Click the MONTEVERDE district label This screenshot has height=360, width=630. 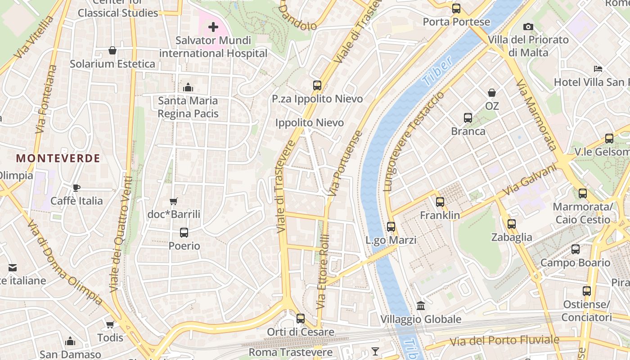coord(58,158)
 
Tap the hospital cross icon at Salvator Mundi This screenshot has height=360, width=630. coord(213,27)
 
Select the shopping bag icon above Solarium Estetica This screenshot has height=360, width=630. coord(112,50)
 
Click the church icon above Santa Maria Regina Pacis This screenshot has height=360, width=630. coord(188,87)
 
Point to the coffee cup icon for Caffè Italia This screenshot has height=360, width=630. coord(76,188)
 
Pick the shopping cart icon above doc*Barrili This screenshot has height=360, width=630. coord(174,201)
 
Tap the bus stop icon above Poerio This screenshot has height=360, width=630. coord(184,233)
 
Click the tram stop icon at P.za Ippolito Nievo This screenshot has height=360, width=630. coord(317,85)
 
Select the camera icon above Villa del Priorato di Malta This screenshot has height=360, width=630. coord(528,27)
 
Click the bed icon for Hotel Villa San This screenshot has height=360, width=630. coord(598,69)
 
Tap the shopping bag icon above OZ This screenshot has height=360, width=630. coord(492,93)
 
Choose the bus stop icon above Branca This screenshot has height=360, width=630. coord(468,118)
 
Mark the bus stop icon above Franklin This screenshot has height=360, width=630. coord(440,202)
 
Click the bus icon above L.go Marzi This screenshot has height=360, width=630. coord(391,227)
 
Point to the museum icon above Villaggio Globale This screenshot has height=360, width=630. coord(421,306)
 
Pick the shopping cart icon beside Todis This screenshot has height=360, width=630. coord(110,324)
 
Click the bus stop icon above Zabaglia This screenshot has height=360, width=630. coord(512,224)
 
